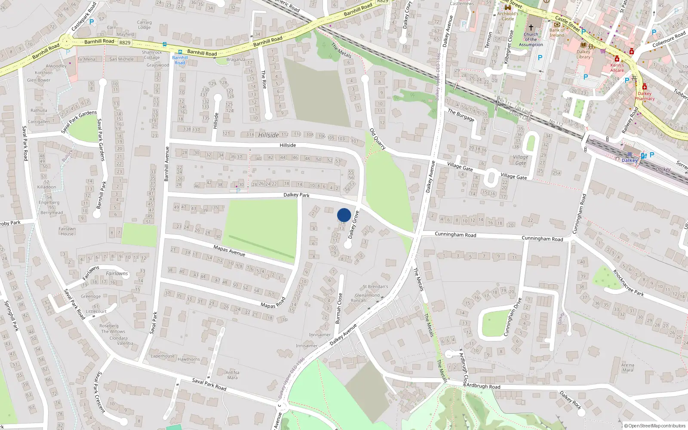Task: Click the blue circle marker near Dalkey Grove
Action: point(344,215)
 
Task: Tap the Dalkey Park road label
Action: point(296,195)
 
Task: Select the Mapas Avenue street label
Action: point(229,250)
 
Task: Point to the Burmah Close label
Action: point(339,308)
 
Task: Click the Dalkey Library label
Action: point(584,54)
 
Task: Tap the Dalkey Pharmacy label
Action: point(645,96)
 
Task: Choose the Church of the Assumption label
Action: point(531,40)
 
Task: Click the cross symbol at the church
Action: point(531,27)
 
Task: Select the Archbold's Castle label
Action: point(508,16)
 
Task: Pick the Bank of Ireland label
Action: point(557,33)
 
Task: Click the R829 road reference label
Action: point(125,43)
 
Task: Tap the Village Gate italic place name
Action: point(521,160)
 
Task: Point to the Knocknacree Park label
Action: point(628,283)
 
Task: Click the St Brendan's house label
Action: point(375,286)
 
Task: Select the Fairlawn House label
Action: point(67,231)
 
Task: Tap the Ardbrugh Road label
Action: point(483,386)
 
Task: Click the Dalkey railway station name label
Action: point(629,160)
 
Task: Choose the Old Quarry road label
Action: point(378,139)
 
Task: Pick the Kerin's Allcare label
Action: point(617,68)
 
